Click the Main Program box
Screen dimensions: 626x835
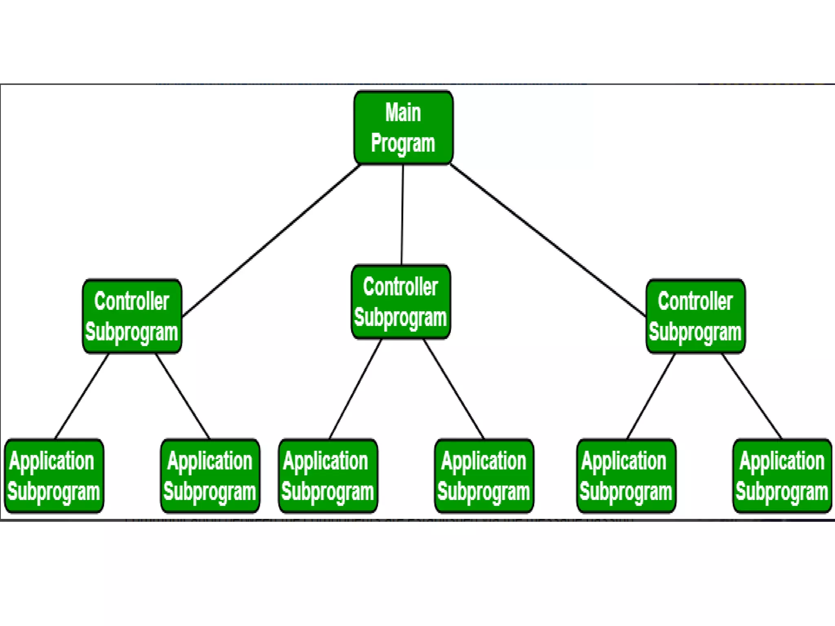click(x=403, y=128)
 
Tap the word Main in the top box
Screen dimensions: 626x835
click(x=403, y=112)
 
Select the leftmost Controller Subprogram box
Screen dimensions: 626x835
click(x=132, y=316)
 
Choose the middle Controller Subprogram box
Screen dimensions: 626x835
click(x=401, y=302)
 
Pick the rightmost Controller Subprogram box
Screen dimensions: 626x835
click(x=696, y=316)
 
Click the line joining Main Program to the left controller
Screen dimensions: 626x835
click(x=271, y=240)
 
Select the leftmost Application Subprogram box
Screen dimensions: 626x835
click(x=54, y=476)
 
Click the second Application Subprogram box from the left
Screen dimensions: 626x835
click(x=210, y=476)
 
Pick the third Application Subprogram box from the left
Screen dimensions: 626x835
click(x=328, y=476)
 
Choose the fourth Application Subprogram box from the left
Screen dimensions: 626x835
click(x=484, y=476)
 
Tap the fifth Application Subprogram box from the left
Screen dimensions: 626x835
click(x=626, y=476)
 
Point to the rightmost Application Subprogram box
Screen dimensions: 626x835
click(x=782, y=476)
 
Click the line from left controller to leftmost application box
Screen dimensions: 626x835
click(x=82, y=396)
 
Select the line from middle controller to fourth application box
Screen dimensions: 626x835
click(x=453, y=389)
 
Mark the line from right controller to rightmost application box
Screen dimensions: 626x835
click(x=752, y=396)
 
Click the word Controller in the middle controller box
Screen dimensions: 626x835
click(x=400, y=287)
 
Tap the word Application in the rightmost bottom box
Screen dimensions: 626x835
click(x=782, y=461)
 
